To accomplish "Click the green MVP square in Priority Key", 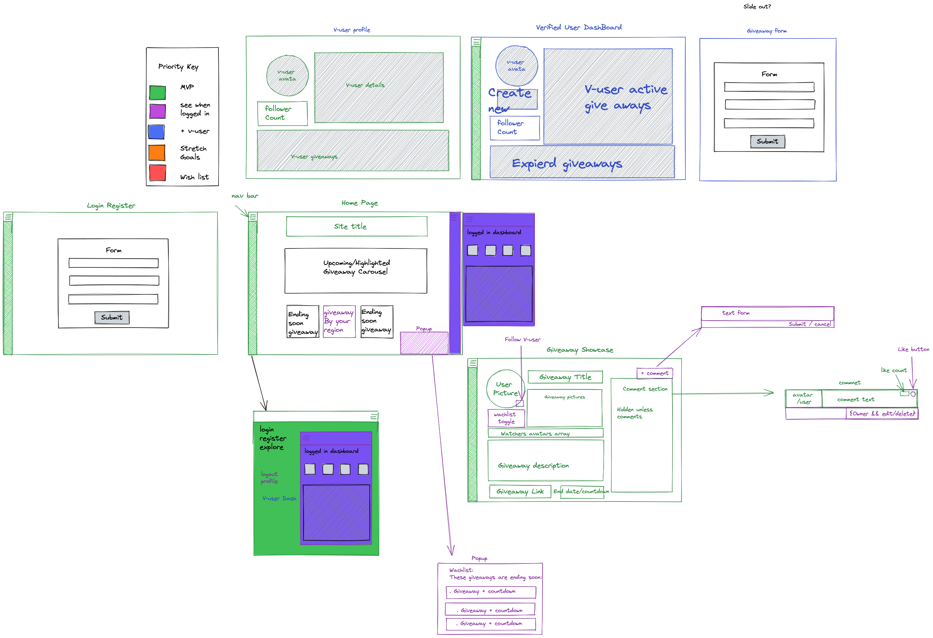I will click(x=158, y=93).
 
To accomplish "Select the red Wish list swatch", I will click(x=158, y=173).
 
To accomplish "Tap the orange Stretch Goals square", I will click(x=157, y=153).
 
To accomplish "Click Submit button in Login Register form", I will click(x=112, y=317).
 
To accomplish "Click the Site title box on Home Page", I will click(x=356, y=227).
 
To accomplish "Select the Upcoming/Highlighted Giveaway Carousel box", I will click(x=356, y=271).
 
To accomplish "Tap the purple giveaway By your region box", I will click(x=339, y=321).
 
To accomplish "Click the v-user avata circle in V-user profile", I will click(x=287, y=76).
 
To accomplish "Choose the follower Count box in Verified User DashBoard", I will click(x=515, y=128).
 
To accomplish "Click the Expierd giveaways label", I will click(x=567, y=164).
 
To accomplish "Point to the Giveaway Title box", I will click(x=565, y=377).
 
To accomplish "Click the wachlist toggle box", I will click(x=506, y=418).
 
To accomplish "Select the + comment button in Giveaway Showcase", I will click(x=654, y=373).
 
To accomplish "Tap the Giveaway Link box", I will click(x=520, y=492).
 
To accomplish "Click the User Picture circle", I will click(x=505, y=389).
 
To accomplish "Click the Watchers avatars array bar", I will click(x=545, y=433).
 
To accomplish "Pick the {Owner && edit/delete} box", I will click(x=882, y=413).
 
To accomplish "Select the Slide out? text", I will click(x=757, y=6).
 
